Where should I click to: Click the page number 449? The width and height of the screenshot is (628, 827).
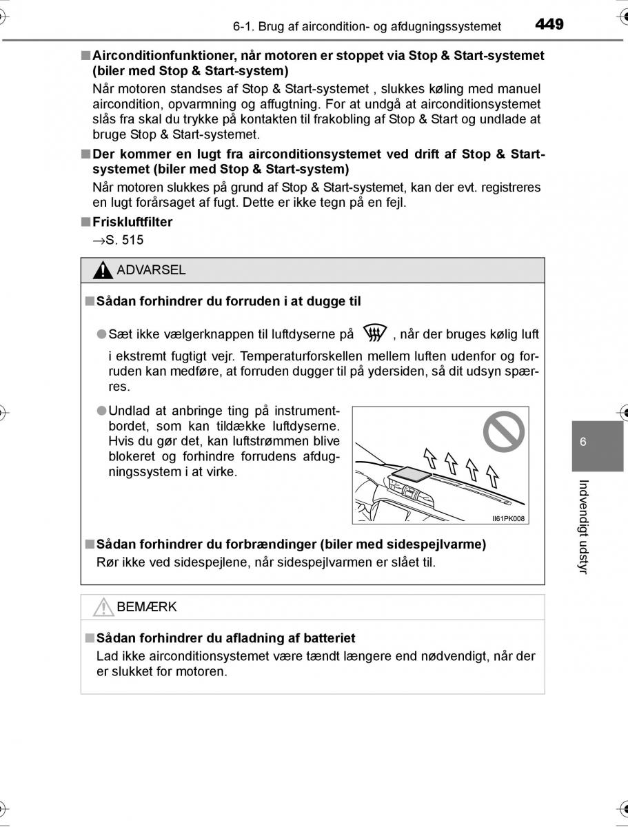[549, 25]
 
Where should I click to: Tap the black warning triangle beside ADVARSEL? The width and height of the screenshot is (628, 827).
[103, 271]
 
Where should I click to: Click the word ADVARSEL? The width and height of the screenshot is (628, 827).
[151, 270]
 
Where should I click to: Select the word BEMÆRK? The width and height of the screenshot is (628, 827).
[147, 607]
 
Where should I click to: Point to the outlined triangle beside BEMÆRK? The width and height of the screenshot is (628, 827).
[103, 607]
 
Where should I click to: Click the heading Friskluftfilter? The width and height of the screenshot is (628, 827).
[132, 222]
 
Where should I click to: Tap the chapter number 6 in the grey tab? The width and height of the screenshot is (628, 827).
[583, 442]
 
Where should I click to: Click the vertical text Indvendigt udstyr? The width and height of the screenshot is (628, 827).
[583, 527]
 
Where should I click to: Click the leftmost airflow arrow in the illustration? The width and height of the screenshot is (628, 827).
[429, 456]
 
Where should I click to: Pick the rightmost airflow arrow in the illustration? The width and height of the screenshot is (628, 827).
[492, 476]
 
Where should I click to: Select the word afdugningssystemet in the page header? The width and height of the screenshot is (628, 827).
[446, 27]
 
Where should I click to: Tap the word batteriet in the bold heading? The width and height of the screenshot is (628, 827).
[330, 638]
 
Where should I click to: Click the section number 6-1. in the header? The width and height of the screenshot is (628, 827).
[245, 27]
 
